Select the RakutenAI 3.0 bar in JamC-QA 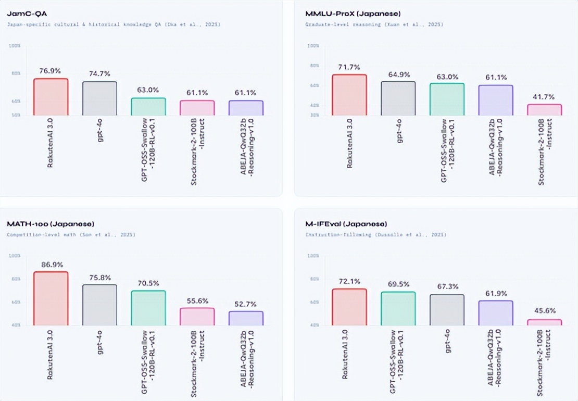(x=51, y=97)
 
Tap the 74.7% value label (x=99, y=73)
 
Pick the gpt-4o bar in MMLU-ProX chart (x=398, y=98)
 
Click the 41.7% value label (x=545, y=97)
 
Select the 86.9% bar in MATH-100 (x=51, y=299)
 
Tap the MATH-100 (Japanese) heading (x=51, y=224)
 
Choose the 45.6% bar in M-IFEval (x=545, y=322)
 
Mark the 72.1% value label (x=349, y=281)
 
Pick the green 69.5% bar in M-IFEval (x=398, y=308)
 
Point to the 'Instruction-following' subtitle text (x=333, y=235)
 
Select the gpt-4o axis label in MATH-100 (x=99, y=341)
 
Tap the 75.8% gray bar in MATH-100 (x=99, y=305)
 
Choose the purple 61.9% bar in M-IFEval (x=496, y=313)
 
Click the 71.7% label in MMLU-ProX (x=349, y=67)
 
